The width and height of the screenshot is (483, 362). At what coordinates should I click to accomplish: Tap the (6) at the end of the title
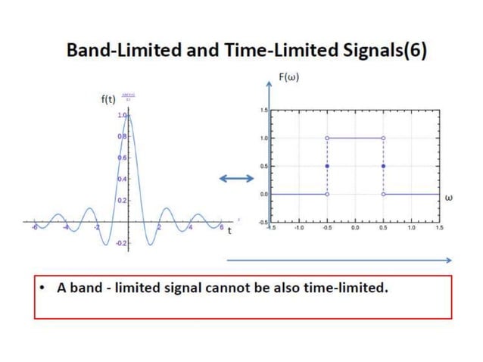pos(416,51)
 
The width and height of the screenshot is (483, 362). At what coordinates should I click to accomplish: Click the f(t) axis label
pos(108,99)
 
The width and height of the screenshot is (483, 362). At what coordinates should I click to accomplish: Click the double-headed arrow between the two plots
pos(236,178)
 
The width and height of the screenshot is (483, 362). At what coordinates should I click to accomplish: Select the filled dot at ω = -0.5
pos(327,166)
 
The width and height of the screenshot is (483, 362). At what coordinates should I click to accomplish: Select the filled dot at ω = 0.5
pos(383,166)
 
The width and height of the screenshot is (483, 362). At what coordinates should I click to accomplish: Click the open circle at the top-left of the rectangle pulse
pos(327,138)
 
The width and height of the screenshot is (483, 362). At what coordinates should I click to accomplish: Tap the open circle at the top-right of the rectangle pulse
pos(383,138)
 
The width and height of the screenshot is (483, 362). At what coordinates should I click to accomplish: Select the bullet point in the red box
pos(45,289)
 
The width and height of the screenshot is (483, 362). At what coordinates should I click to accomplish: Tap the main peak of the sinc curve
pos(128,114)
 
